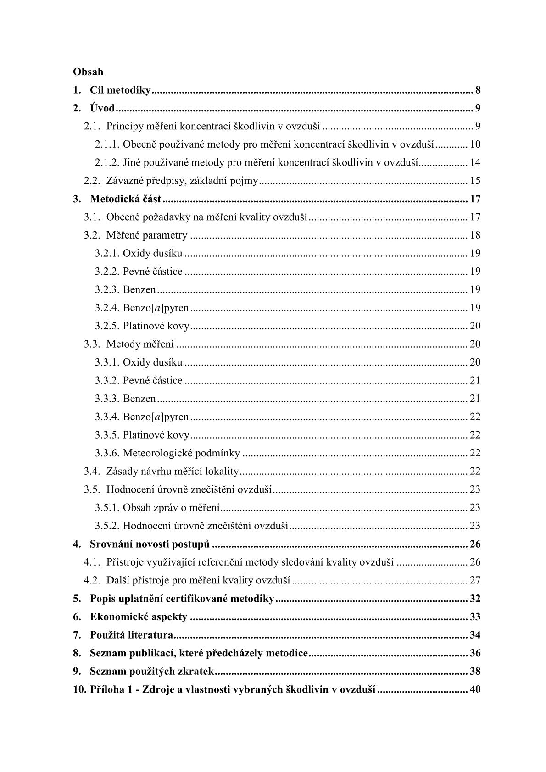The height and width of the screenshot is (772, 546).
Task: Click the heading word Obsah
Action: pos(88,72)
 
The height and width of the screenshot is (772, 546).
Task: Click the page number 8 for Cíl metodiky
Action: pos(478,90)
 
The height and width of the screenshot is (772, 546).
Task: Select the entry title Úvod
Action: pos(102,109)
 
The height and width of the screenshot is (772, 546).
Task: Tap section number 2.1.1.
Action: pos(107,144)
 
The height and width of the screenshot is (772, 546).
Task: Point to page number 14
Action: pos(475,162)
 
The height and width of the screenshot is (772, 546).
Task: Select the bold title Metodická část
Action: pos(125,199)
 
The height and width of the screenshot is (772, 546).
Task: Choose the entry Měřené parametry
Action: pos(147,235)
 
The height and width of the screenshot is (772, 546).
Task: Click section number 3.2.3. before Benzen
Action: pos(107,289)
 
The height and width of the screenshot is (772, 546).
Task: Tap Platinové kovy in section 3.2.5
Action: pos(156,326)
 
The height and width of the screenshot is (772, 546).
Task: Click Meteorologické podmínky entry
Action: pos(181,453)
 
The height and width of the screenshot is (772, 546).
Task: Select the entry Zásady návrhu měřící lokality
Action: pos(173,471)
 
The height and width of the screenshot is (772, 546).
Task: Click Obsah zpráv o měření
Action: pos(171,507)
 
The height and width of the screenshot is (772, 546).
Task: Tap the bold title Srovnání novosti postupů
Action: pos(150,544)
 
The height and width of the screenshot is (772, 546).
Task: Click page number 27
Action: pos(475,580)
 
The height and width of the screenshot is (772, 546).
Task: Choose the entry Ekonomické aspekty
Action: pos(139,617)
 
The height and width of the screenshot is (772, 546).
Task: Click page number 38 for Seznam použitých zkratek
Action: pos(475,672)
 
